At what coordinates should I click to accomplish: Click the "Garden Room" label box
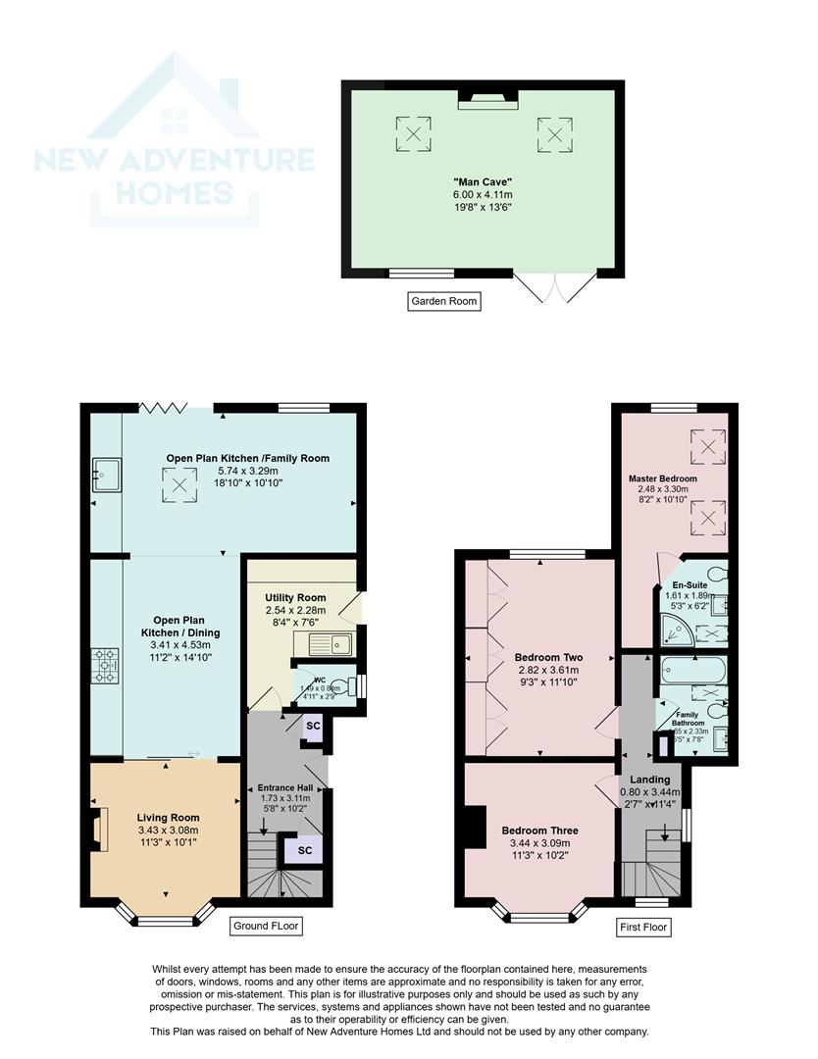444,301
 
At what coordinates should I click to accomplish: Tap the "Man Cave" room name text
483,182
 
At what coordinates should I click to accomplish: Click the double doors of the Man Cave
555,285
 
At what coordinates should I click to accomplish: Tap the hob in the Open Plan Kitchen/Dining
105,666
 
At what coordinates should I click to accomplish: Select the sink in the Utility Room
329,644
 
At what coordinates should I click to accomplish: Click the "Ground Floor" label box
265,926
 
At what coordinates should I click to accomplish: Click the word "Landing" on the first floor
650,780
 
